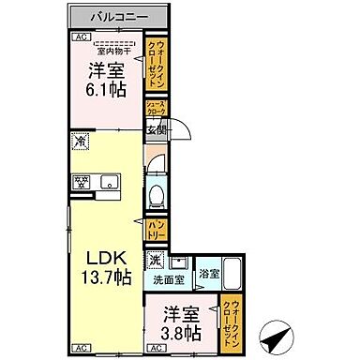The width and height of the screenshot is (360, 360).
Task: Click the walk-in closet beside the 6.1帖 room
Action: (154, 62)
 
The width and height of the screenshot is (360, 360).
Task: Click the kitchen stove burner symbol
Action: (81, 182)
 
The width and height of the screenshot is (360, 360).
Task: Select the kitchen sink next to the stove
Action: (110, 182)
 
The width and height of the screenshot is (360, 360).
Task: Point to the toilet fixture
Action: (157, 195)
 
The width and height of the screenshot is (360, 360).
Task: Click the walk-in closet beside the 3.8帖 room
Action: (231, 321)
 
